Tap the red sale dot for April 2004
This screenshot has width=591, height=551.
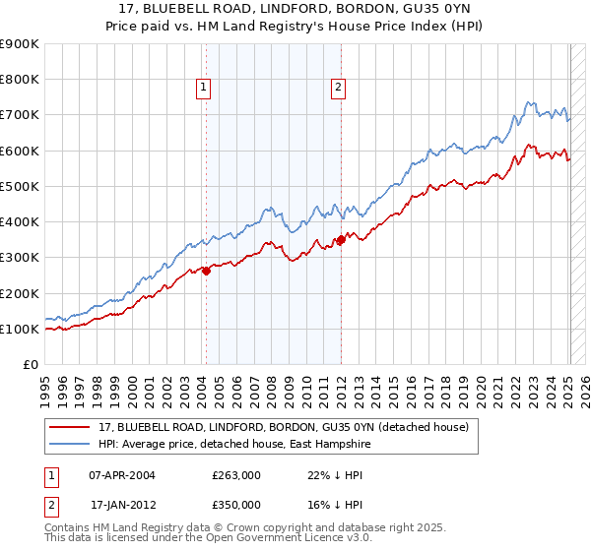click(206, 272)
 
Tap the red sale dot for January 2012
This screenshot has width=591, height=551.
click(341, 239)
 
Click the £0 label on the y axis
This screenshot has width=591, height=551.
click(30, 365)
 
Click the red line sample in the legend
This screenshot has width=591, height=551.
click(71, 427)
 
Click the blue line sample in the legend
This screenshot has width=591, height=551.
click(71, 445)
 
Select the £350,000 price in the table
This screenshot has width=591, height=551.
click(236, 504)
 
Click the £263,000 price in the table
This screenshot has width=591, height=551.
click(236, 474)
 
